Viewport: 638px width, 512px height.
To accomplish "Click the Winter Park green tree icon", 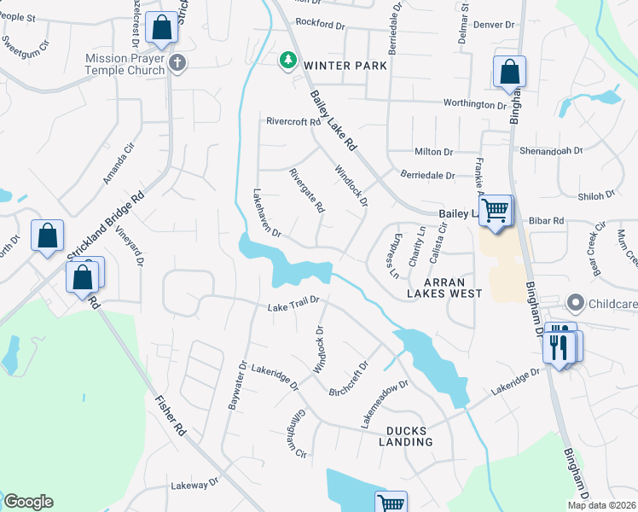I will pyautogui.click(x=288, y=60).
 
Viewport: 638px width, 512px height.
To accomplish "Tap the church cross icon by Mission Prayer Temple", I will pyautogui.click(x=177, y=62).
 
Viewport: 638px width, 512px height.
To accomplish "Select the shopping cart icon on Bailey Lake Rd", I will pyautogui.click(x=495, y=209).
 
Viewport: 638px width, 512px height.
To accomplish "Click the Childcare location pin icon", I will pyautogui.click(x=576, y=304).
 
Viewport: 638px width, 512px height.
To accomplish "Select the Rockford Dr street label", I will pyautogui.click(x=320, y=24).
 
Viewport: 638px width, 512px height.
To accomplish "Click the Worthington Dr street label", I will pyautogui.click(x=474, y=104).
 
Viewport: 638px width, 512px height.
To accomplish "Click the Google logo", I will pyautogui.click(x=28, y=502).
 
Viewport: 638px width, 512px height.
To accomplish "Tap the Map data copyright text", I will pyautogui.click(x=600, y=505).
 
